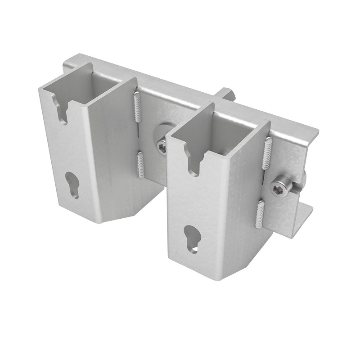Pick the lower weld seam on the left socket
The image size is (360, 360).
pos(140,165)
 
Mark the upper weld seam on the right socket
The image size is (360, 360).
pos(268,153)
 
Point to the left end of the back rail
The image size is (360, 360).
pos(67,63)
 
